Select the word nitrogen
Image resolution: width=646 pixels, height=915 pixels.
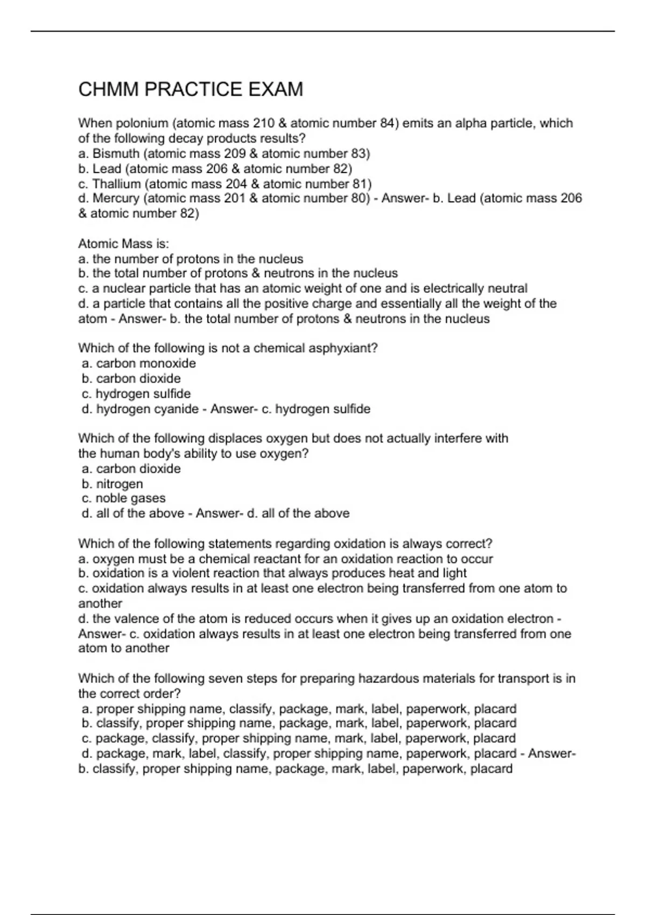click(x=120, y=484)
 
